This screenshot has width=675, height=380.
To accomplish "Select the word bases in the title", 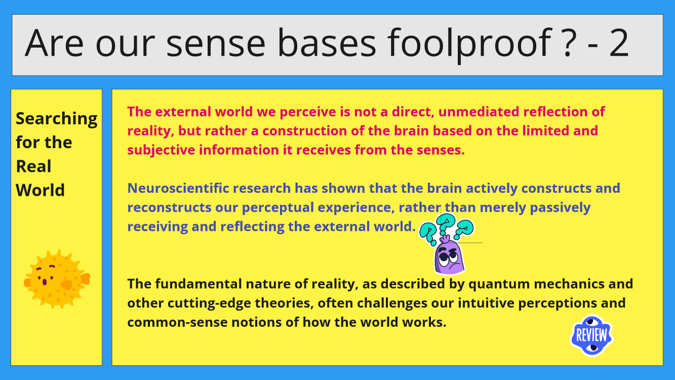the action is click(x=327, y=43).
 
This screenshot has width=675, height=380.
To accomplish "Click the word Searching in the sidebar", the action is click(x=56, y=119).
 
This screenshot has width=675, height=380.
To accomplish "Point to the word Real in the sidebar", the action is click(x=33, y=166).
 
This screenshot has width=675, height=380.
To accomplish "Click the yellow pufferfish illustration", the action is click(x=57, y=279).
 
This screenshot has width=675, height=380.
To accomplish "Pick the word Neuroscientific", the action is click(x=179, y=188).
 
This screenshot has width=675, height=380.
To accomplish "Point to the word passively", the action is click(x=560, y=208).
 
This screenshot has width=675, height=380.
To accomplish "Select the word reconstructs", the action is click(x=169, y=208).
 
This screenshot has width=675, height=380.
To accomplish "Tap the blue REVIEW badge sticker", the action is click(x=592, y=335).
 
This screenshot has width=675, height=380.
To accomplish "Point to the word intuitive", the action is click(x=486, y=303).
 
